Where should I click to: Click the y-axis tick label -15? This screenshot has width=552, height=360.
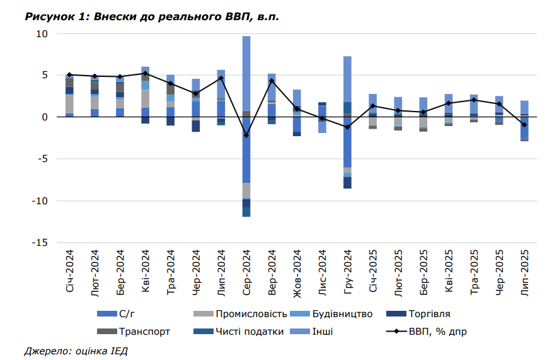40,243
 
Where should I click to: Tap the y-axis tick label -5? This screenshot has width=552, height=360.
43,159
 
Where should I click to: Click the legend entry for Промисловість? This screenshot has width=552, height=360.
251,313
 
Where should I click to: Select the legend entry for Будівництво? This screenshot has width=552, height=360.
347,313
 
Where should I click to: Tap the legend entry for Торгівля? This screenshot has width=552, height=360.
428,313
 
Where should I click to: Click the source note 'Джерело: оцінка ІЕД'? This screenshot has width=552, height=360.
76,350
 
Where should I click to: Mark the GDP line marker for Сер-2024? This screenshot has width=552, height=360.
246,136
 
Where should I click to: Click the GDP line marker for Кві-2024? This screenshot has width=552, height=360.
146,73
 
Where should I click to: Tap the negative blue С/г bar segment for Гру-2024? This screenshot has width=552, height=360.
347,142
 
